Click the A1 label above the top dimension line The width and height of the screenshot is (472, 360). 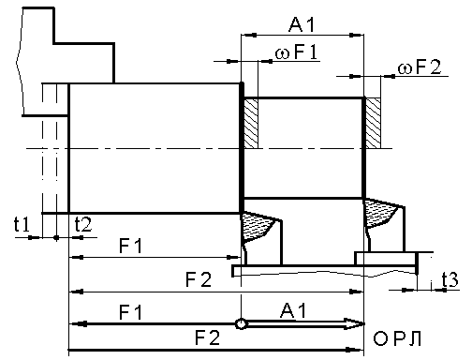click(302, 24)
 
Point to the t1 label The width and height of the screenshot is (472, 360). click(22, 224)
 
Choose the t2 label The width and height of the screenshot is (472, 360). click(83, 224)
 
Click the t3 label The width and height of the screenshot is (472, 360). click(450, 279)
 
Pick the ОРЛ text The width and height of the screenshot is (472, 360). click(397, 338)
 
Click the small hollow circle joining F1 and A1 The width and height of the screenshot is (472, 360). click(241, 323)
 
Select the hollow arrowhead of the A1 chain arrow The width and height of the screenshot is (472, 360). click(354, 323)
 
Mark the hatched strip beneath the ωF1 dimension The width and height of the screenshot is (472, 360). click(251, 123)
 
